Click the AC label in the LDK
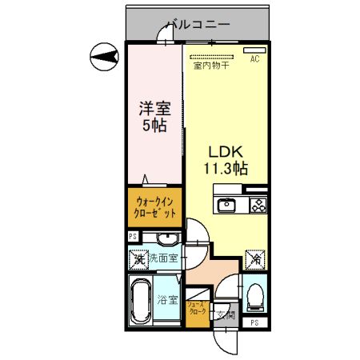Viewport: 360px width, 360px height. click(x=255, y=59)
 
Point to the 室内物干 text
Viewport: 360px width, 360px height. click(x=210, y=66)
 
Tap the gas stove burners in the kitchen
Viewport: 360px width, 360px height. click(x=258, y=205)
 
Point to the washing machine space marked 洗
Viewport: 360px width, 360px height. click(x=138, y=259)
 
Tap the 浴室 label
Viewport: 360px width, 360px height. click(x=168, y=301)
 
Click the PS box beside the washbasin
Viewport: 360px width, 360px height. click(x=133, y=237)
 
